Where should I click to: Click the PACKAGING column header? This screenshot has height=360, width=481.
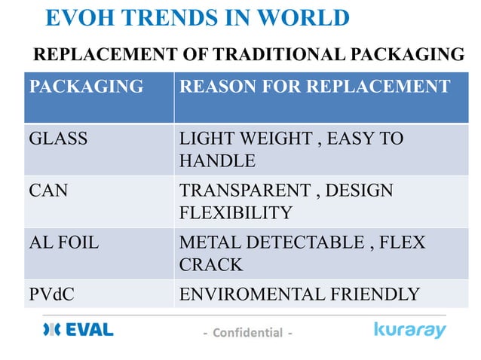coord(86,87)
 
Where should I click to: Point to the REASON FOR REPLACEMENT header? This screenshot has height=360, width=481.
coord(314,87)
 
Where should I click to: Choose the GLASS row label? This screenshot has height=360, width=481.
coord(58,139)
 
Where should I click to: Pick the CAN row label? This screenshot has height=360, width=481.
coord(48,191)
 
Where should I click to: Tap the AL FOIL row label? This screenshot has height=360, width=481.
coord(64,243)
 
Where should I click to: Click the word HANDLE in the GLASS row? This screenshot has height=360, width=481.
coord(217,160)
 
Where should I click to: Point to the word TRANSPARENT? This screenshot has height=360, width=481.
coord(246,191)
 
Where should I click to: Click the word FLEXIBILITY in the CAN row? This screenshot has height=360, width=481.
coord(235,212)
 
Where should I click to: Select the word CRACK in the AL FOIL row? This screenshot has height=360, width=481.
coord(211,264)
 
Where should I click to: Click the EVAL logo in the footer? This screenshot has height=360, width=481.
coord(78,330)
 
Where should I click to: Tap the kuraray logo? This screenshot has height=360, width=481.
coord(410,330)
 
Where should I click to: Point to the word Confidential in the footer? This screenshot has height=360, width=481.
coord(247,332)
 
